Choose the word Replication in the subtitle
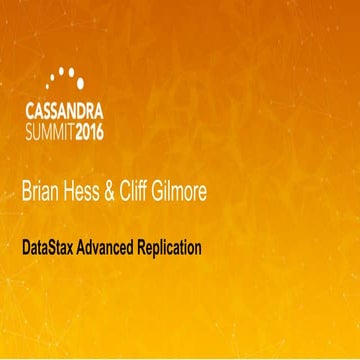pyautogui.click(x=173, y=244)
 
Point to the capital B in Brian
pyautogui.click(x=27, y=192)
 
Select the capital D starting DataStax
pyautogui.click(x=26, y=244)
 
